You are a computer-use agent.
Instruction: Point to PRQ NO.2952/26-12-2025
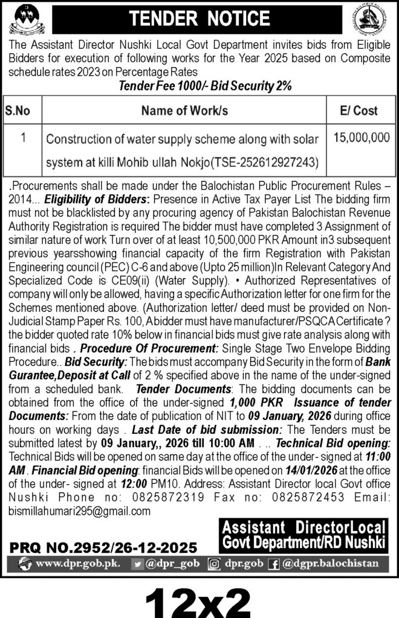[103, 547]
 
